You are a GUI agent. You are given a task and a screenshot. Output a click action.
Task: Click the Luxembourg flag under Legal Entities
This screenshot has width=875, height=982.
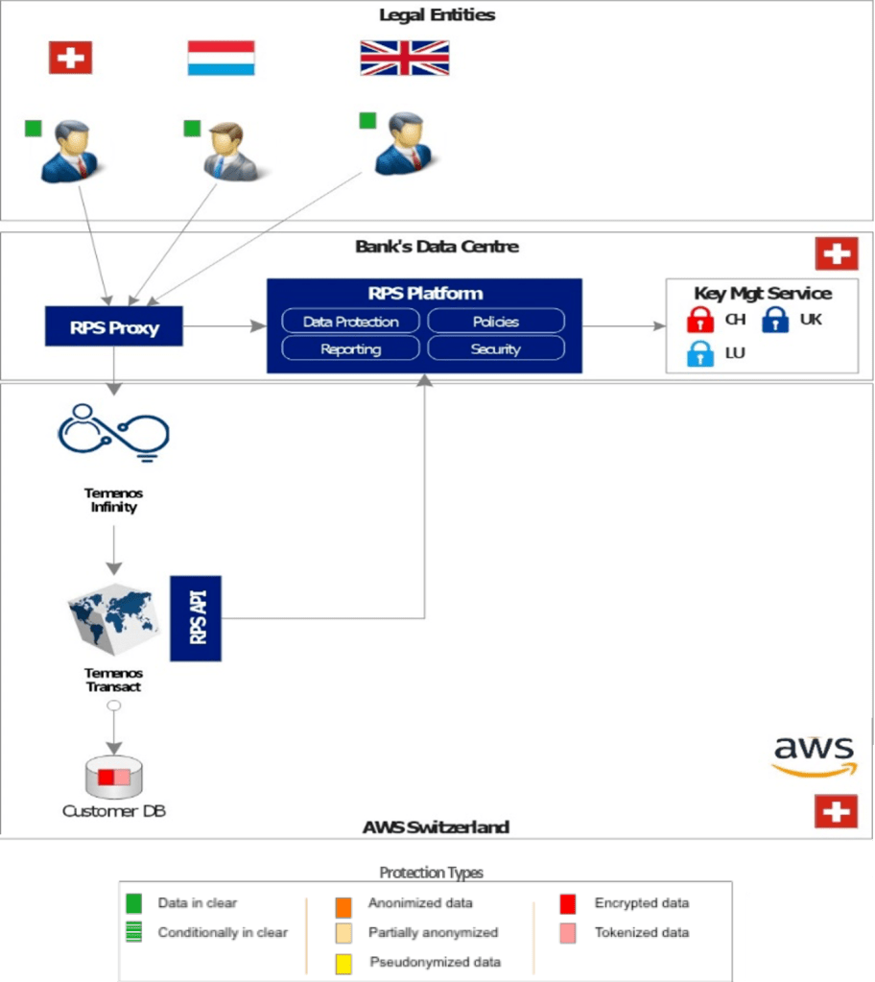pos(221,58)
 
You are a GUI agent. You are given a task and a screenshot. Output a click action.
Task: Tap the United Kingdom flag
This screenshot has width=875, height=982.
pos(404,58)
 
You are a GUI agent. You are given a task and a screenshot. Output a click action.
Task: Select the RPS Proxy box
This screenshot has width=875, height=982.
pos(113,327)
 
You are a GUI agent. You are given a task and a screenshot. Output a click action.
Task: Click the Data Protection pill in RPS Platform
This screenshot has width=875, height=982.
pos(350,322)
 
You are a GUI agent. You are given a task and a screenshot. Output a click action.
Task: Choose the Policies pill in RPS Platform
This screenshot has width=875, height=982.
pos(495,322)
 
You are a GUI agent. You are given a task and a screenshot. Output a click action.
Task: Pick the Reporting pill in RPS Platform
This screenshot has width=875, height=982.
pos(350,348)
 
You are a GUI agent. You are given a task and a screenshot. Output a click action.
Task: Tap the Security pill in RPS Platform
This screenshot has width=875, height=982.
pos(495,348)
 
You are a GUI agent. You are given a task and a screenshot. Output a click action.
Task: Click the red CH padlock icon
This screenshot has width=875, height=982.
pos(701,320)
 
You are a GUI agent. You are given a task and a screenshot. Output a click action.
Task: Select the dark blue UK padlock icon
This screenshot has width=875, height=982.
pos(775,320)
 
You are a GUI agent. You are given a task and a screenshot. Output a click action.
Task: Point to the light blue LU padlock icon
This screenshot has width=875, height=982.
pos(701,353)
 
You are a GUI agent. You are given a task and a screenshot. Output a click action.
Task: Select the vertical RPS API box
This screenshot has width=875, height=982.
pos(196,618)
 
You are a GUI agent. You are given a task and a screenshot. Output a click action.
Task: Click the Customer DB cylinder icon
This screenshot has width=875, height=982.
pos(113,777)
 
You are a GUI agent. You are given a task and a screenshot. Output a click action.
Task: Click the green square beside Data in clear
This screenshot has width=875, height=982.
pos(134,903)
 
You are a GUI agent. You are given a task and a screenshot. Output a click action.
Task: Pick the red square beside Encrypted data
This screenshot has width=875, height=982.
pos(568,903)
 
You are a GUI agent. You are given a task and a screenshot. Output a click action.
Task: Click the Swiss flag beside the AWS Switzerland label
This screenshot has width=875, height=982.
pos(836,811)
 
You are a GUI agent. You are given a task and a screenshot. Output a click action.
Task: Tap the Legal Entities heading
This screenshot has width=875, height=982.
pos(437,14)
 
